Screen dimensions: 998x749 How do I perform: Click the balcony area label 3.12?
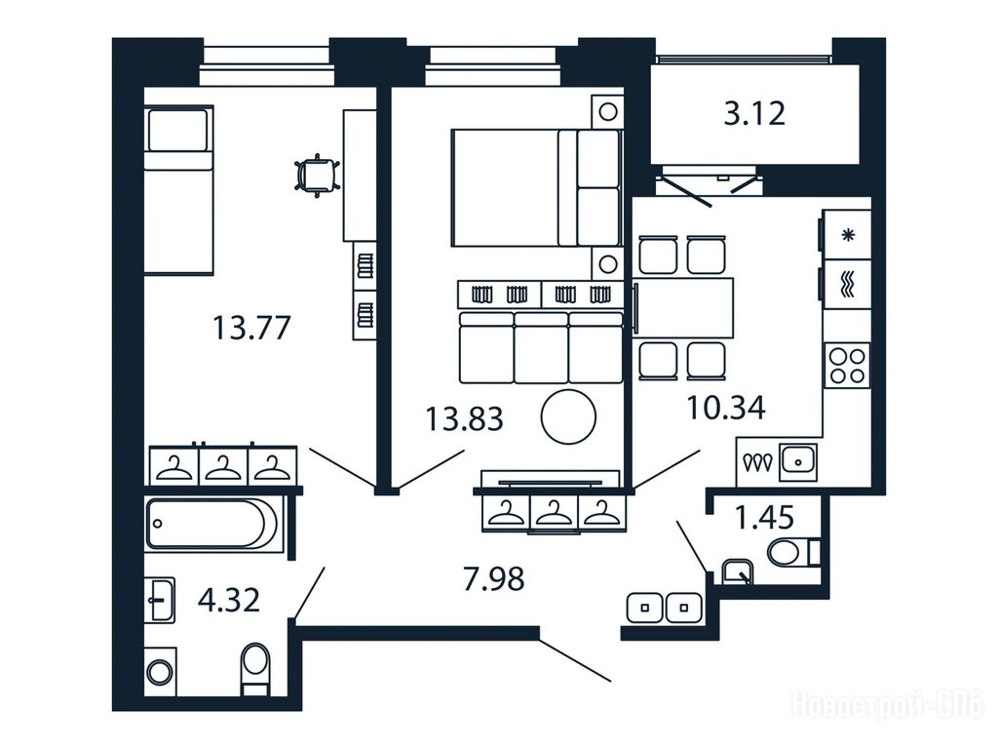tap(754, 114)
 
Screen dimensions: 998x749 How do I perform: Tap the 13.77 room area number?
tap(251, 328)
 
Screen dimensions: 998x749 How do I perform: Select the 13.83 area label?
tap(464, 419)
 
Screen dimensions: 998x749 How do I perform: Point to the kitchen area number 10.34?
tap(726, 407)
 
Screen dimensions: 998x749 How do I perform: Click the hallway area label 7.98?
tap(494, 579)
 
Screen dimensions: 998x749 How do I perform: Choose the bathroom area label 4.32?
tap(228, 600)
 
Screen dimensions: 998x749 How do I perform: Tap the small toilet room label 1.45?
tap(764, 517)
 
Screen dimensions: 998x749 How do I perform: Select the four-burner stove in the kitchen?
tap(847, 365)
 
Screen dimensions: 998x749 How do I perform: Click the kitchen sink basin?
tap(799, 460)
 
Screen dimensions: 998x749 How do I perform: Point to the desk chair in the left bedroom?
tap(317, 175)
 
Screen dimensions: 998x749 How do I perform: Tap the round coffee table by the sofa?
tap(568, 417)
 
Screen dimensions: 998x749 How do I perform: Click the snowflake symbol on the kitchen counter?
tap(848, 235)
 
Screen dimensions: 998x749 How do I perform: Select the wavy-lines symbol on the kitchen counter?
tap(848, 284)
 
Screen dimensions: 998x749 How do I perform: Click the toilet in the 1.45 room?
tap(793, 553)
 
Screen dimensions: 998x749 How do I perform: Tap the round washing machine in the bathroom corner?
tap(160, 672)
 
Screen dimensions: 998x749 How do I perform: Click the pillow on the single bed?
tap(178, 130)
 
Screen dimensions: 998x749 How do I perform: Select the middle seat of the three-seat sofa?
tap(541, 348)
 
